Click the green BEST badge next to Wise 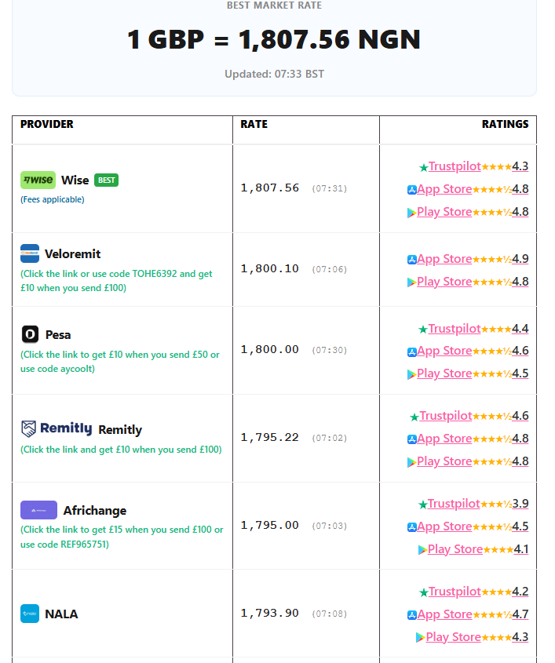tap(106, 180)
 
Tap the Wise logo tap(38, 180)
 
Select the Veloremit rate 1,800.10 tap(269, 269)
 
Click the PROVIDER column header tap(47, 124)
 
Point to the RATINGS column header tap(505, 124)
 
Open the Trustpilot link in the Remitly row tap(445, 416)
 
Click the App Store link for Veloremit tap(444, 259)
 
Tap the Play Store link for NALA tap(453, 637)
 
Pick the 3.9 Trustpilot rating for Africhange tap(520, 504)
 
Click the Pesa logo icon tap(30, 334)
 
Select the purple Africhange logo tap(39, 510)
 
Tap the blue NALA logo tap(30, 614)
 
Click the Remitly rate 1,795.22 tap(269, 438)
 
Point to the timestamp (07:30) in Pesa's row tap(330, 351)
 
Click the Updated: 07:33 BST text tap(274, 74)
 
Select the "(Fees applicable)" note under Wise tap(53, 199)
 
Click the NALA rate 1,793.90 tap(269, 613)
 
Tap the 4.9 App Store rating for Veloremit tap(520, 259)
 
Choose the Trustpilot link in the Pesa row tap(455, 329)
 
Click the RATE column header tap(254, 124)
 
